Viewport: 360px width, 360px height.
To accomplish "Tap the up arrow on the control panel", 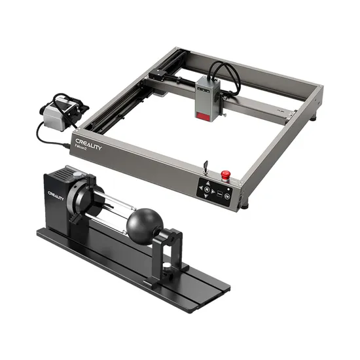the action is click(207, 183).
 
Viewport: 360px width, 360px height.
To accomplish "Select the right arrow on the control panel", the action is click(213, 191).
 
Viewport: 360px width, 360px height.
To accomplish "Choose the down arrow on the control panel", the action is click(206, 196).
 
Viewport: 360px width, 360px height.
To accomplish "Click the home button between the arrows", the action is click(207, 189).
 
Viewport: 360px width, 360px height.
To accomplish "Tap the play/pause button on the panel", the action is click(227, 196).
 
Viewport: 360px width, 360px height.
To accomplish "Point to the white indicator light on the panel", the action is click(228, 189).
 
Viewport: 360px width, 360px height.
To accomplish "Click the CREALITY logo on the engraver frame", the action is click(88, 144).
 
